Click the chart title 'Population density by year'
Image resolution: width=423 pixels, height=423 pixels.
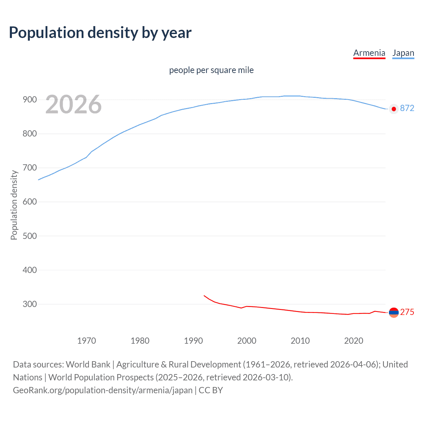tap(100, 33)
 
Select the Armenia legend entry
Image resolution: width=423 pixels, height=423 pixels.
tap(369, 53)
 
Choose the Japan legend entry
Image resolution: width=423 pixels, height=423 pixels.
tap(403, 53)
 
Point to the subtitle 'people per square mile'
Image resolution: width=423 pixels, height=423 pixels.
tap(211, 70)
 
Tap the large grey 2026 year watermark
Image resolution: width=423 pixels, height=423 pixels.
tap(73, 104)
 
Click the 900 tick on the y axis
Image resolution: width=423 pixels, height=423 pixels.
tap(30, 99)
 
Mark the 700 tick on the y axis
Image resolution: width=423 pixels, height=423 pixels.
tap(30, 168)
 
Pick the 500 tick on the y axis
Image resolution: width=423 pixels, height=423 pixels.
tap(30, 236)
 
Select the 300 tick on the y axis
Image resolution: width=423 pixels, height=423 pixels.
tap(30, 304)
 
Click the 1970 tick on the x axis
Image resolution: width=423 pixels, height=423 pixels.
tap(87, 341)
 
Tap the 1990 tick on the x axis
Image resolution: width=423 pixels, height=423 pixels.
tap(193, 341)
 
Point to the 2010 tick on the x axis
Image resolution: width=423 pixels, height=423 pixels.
tap(300, 341)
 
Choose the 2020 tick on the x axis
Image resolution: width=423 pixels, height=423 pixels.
tap(354, 341)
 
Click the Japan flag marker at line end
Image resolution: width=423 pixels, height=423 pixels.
tap(394, 109)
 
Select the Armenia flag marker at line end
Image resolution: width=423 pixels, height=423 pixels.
tap(394, 312)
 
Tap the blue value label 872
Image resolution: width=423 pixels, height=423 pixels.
tap(407, 108)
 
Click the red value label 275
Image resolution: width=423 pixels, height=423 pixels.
tap(407, 312)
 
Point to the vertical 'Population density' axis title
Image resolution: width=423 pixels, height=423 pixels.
tap(14, 205)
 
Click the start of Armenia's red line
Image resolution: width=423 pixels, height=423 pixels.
tap(204, 295)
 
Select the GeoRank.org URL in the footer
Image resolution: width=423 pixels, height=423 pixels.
tap(103, 390)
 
